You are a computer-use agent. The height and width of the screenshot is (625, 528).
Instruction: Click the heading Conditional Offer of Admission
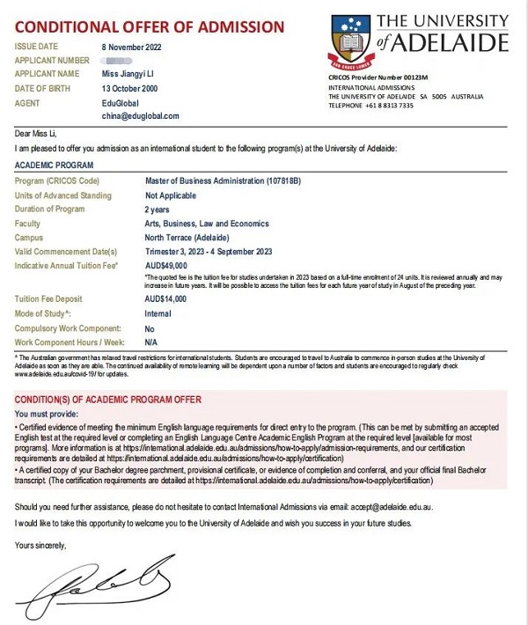click(x=149, y=27)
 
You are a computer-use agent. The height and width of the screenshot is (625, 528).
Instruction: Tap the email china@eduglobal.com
click(x=140, y=115)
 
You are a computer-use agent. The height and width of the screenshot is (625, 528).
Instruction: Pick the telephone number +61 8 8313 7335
click(x=395, y=104)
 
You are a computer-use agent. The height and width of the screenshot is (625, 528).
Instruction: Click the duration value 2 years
click(x=158, y=210)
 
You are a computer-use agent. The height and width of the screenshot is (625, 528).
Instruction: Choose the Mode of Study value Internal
click(x=159, y=313)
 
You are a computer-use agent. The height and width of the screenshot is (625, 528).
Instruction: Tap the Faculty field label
click(x=30, y=224)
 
